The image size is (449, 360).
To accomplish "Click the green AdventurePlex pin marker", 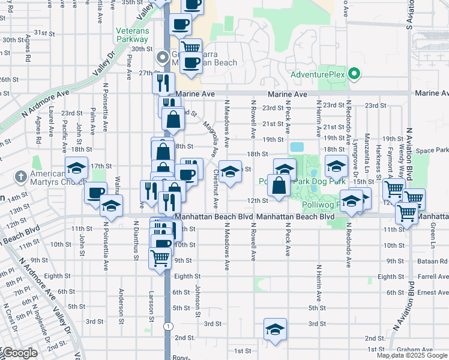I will coord(354,74).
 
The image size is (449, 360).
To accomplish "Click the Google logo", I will coord(19,353).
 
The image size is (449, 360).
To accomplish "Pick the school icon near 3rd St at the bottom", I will coord(275,329).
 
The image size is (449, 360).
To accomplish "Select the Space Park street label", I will coord(434,150).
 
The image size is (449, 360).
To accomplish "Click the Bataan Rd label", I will coord(434,261).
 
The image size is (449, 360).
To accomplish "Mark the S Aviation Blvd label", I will coord(409,14).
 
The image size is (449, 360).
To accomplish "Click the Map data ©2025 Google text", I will coord(412,355).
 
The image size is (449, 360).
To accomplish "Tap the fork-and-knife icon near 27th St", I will coord(162,82).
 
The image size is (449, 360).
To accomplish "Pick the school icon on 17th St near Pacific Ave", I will coord(77,169).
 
